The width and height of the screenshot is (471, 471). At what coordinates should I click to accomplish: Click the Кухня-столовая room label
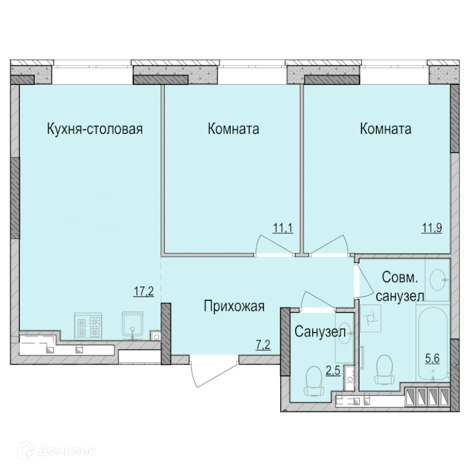click(x=95, y=129)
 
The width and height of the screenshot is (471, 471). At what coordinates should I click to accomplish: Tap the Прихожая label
click(x=234, y=307)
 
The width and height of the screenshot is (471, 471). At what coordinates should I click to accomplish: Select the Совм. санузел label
click(x=400, y=287)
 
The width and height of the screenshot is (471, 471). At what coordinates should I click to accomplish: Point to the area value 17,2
click(x=144, y=291)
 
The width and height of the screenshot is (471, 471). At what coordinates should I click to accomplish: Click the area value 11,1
click(x=283, y=228)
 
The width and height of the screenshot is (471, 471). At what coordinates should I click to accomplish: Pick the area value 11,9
click(x=432, y=228)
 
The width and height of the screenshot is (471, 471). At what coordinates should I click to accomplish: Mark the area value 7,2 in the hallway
click(x=263, y=345)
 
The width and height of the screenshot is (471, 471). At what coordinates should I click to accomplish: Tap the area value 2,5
click(x=333, y=371)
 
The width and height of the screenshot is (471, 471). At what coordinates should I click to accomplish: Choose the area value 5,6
click(x=432, y=358)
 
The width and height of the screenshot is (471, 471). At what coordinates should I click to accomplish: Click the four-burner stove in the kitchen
click(x=89, y=326)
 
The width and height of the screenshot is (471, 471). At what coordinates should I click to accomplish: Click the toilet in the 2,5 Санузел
click(x=314, y=381)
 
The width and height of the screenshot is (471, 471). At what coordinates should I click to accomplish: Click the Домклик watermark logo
click(x=57, y=451)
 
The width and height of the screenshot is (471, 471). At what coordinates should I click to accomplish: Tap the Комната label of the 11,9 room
click(x=385, y=129)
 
